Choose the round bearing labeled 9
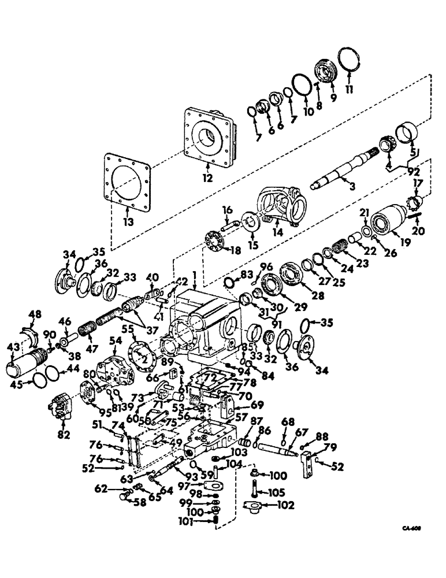point(326,73)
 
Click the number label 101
point(203,524)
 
